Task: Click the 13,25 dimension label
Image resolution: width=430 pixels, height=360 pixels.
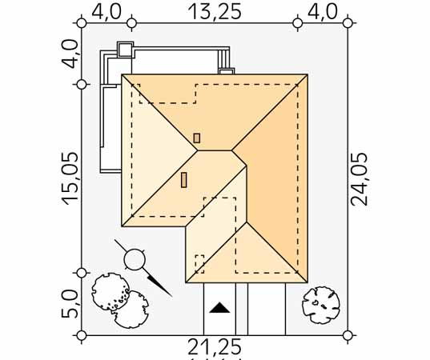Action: coord(215,12)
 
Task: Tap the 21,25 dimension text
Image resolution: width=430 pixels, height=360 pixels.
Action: coord(215,347)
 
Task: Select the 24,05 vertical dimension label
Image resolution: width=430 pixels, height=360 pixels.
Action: coord(360,179)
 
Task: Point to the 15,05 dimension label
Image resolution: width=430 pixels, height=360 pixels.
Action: coord(70,178)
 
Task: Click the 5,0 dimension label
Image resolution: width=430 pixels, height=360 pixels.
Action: coord(69,304)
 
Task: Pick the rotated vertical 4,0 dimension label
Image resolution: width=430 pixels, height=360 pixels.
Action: coord(69,54)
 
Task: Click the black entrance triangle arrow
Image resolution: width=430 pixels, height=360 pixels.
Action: coord(219,308)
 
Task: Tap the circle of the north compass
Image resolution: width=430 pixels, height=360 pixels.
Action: coord(135,259)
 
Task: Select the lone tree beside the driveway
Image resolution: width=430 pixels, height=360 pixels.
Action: coord(320,305)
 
